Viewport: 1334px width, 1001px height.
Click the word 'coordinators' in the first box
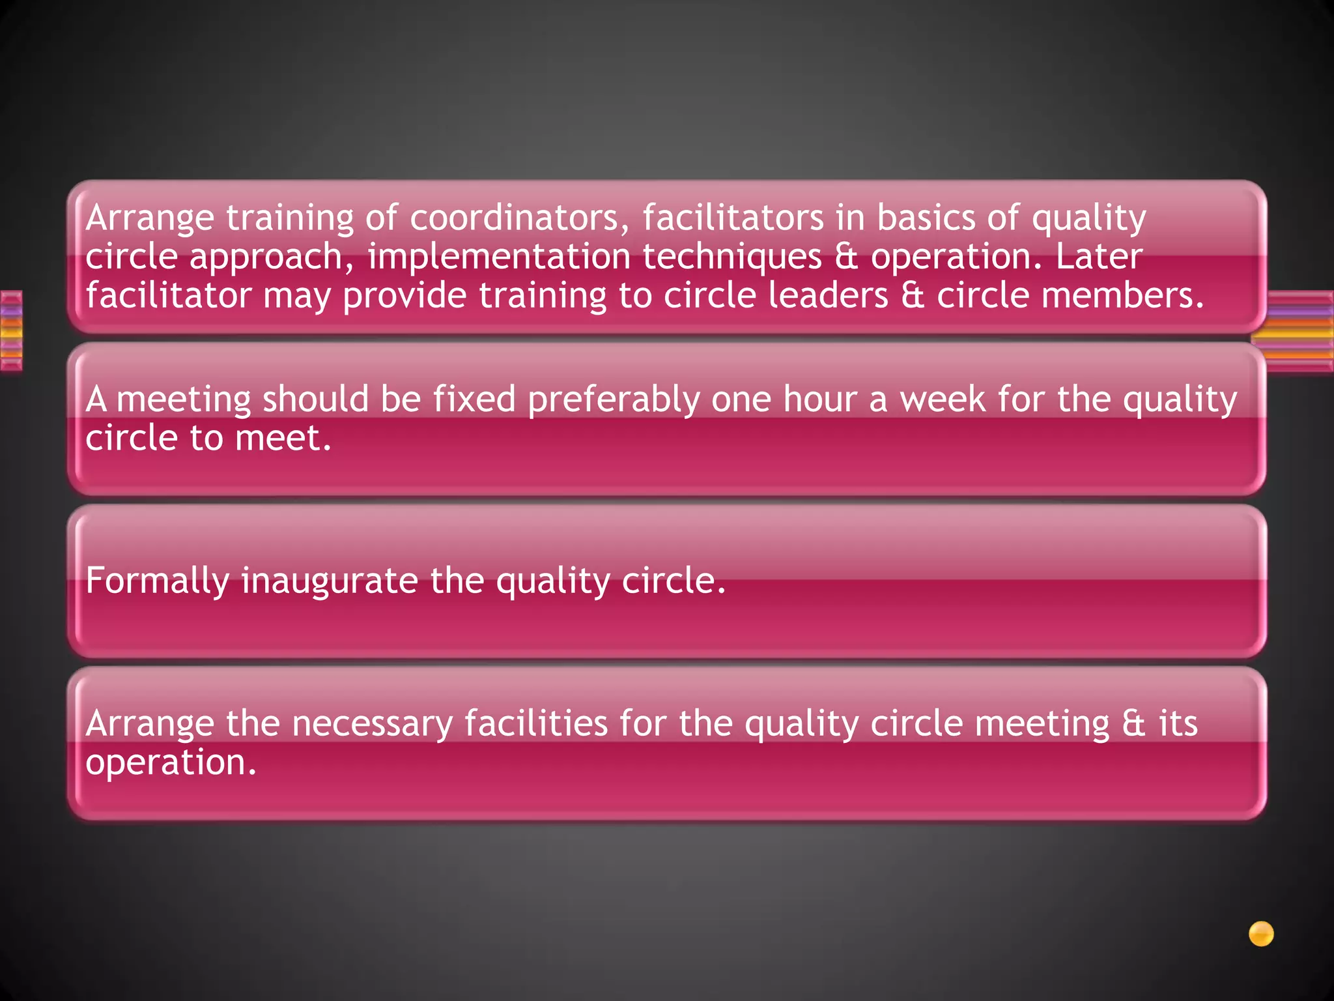(x=514, y=218)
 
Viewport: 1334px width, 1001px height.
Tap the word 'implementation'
(x=498, y=257)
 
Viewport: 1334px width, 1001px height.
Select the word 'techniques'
(x=732, y=257)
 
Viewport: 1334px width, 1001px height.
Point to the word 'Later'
(x=1099, y=257)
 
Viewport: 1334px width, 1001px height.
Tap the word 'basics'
(x=926, y=218)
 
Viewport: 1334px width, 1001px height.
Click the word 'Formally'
(x=157, y=581)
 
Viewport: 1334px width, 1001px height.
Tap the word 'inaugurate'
(x=330, y=581)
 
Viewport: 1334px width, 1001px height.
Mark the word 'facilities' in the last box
(x=536, y=723)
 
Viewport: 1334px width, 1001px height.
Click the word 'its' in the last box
(x=1178, y=723)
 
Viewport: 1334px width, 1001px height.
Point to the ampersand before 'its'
(x=1134, y=724)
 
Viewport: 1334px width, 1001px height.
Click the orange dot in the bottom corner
(x=1261, y=934)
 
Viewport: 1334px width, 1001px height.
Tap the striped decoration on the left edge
(x=11, y=331)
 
